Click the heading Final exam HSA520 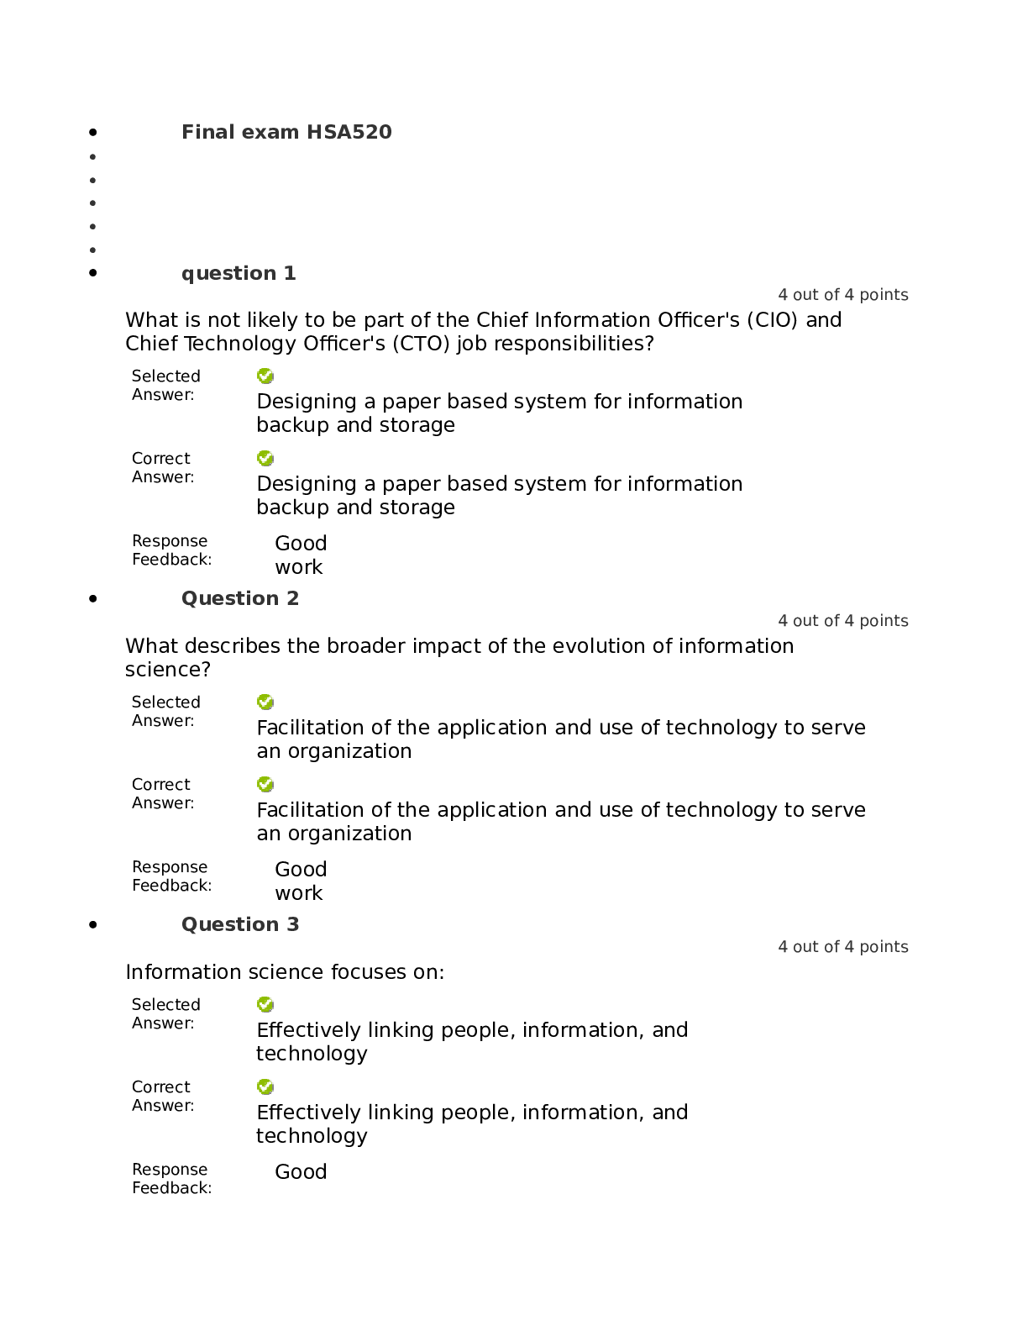coord(286,132)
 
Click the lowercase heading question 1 coord(239,273)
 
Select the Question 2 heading coord(240,598)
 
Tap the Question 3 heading coord(240,924)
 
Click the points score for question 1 coord(843,295)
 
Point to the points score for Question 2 coord(843,620)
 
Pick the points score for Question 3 coord(843,946)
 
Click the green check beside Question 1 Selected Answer coord(265,376)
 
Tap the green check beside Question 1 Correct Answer coord(265,458)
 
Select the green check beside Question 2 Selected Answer coord(265,702)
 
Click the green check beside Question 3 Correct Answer coord(265,1086)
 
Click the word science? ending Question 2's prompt coord(168,670)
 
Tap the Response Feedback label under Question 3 coord(172,1178)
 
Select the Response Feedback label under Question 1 coord(172,550)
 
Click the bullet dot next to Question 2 coord(93,598)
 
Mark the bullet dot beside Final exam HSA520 coord(93,132)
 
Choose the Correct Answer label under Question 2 coord(163,793)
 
